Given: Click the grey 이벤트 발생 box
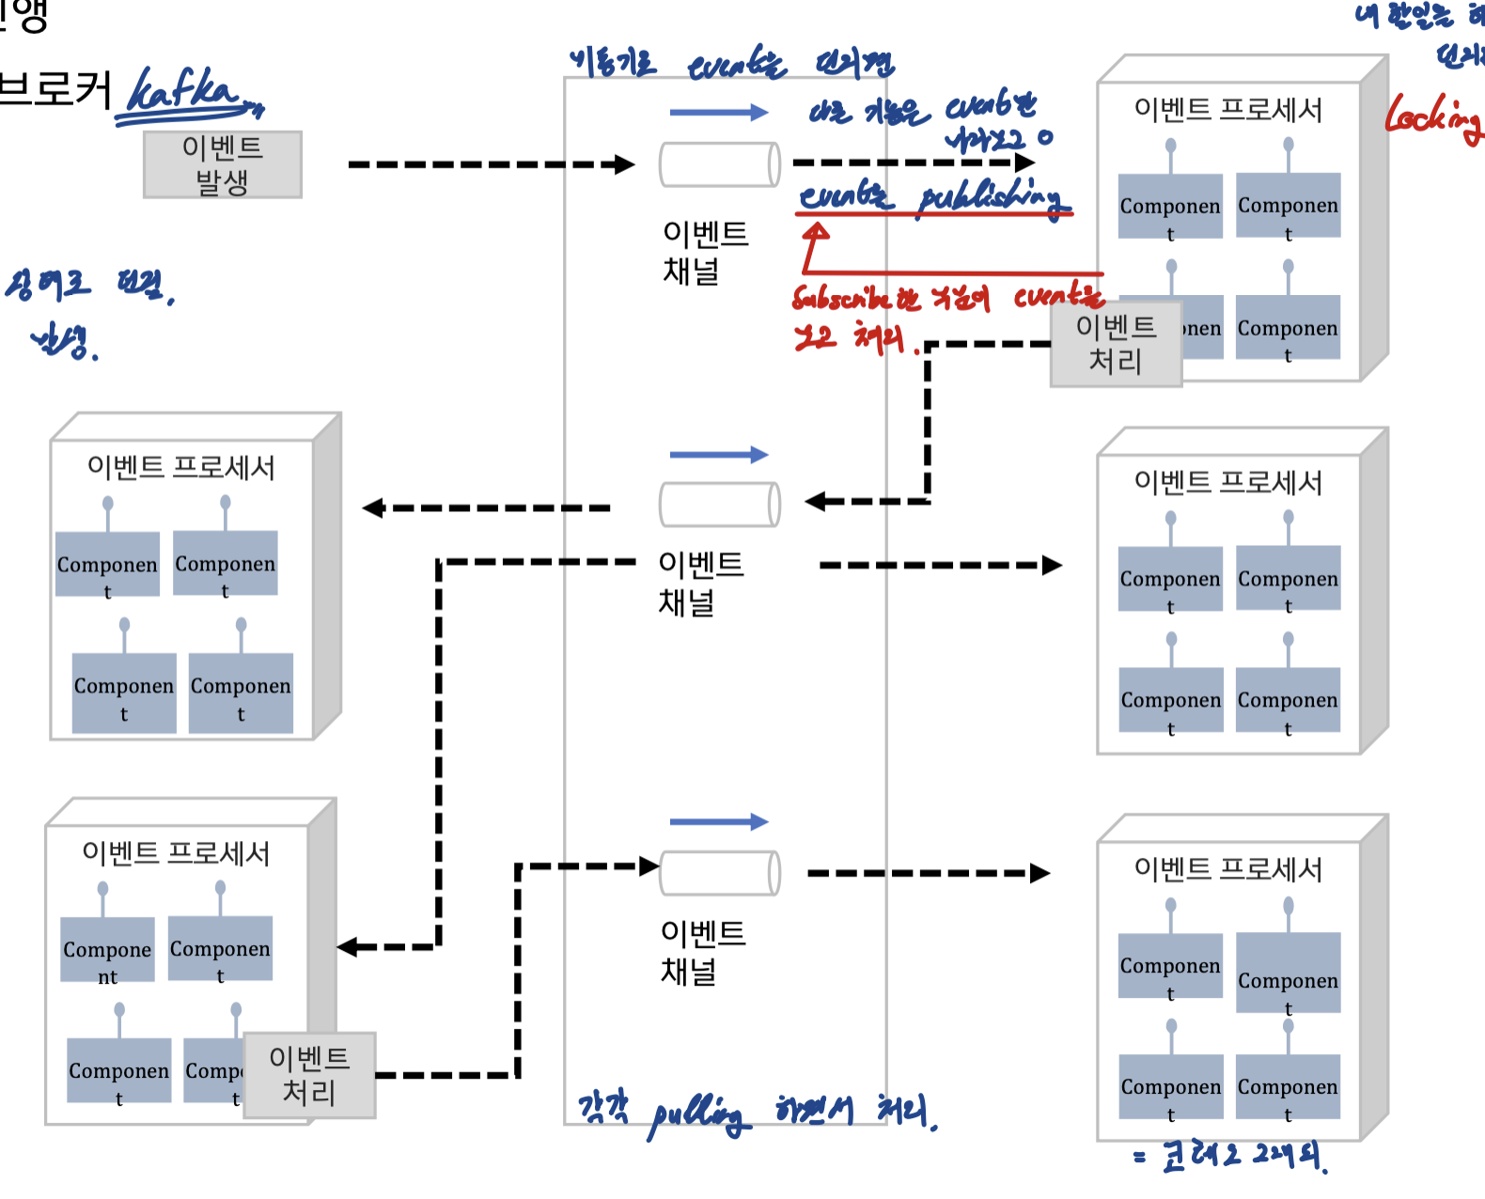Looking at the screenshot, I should pos(223,164).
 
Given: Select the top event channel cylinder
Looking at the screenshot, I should pos(720,164).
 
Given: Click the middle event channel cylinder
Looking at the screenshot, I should pos(720,505).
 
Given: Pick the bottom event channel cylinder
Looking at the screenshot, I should pos(720,873).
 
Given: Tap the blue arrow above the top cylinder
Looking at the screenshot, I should pos(719,113).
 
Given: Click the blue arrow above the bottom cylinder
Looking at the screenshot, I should pos(719,822).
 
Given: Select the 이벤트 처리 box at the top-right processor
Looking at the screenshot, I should pos(1116,344).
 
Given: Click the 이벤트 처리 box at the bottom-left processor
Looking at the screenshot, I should pos(309,1075).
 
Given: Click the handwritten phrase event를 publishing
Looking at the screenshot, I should pos(932,197).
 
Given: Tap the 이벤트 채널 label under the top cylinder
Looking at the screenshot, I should pos(705,252).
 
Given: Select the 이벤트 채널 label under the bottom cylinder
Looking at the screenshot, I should pos(703,951).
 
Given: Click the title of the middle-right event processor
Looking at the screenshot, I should pos(1227,482).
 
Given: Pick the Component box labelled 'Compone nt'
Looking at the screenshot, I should pos(107,950).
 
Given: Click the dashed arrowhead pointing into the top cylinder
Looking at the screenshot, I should pos(624,164).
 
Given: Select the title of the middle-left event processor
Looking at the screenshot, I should pos(180,467).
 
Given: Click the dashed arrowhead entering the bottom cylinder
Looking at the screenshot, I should pos(649,865).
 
